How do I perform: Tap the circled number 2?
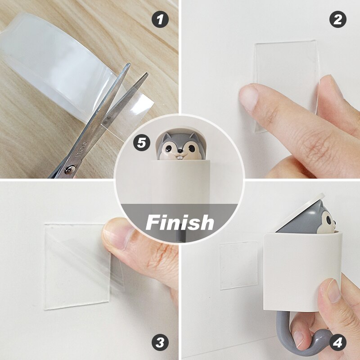point(338,19)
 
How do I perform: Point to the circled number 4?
point(338,342)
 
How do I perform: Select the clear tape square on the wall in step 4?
point(238,265)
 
